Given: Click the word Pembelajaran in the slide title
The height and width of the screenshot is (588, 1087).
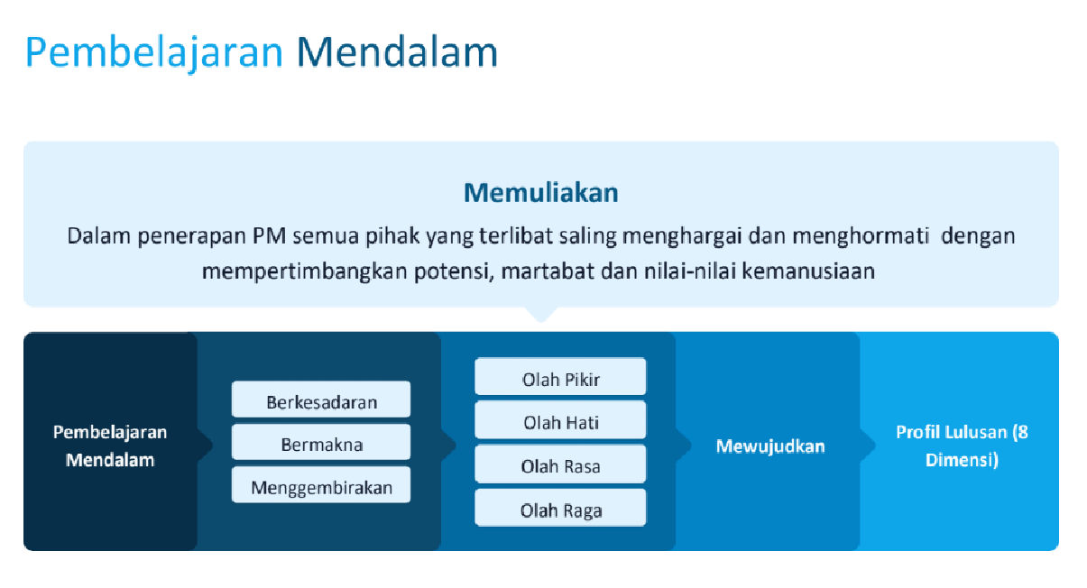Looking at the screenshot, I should [154, 52].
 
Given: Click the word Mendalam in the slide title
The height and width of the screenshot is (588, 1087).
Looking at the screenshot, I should [397, 52].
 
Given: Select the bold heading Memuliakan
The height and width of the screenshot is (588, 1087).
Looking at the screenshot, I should [540, 192].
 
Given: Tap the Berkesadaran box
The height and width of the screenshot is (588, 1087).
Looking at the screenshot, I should [321, 401].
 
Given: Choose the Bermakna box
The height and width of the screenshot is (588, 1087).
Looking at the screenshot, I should [321, 444].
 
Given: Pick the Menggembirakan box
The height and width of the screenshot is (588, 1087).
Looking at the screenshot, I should [321, 487].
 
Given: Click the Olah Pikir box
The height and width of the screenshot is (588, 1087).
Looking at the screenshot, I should [560, 379].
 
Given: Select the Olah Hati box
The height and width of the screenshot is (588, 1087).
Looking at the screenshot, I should [560, 422].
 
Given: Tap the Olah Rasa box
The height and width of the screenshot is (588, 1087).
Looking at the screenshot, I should [560, 466].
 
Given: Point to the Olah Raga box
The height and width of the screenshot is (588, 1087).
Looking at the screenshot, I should [560, 510].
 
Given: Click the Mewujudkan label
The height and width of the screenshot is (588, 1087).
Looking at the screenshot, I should [769, 446].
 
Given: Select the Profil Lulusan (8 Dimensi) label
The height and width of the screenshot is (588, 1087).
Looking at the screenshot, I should [961, 445].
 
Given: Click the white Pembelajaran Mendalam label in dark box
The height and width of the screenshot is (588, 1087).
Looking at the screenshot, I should [110, 445].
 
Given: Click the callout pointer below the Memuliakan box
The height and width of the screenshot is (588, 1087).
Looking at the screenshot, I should [541, 313].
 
